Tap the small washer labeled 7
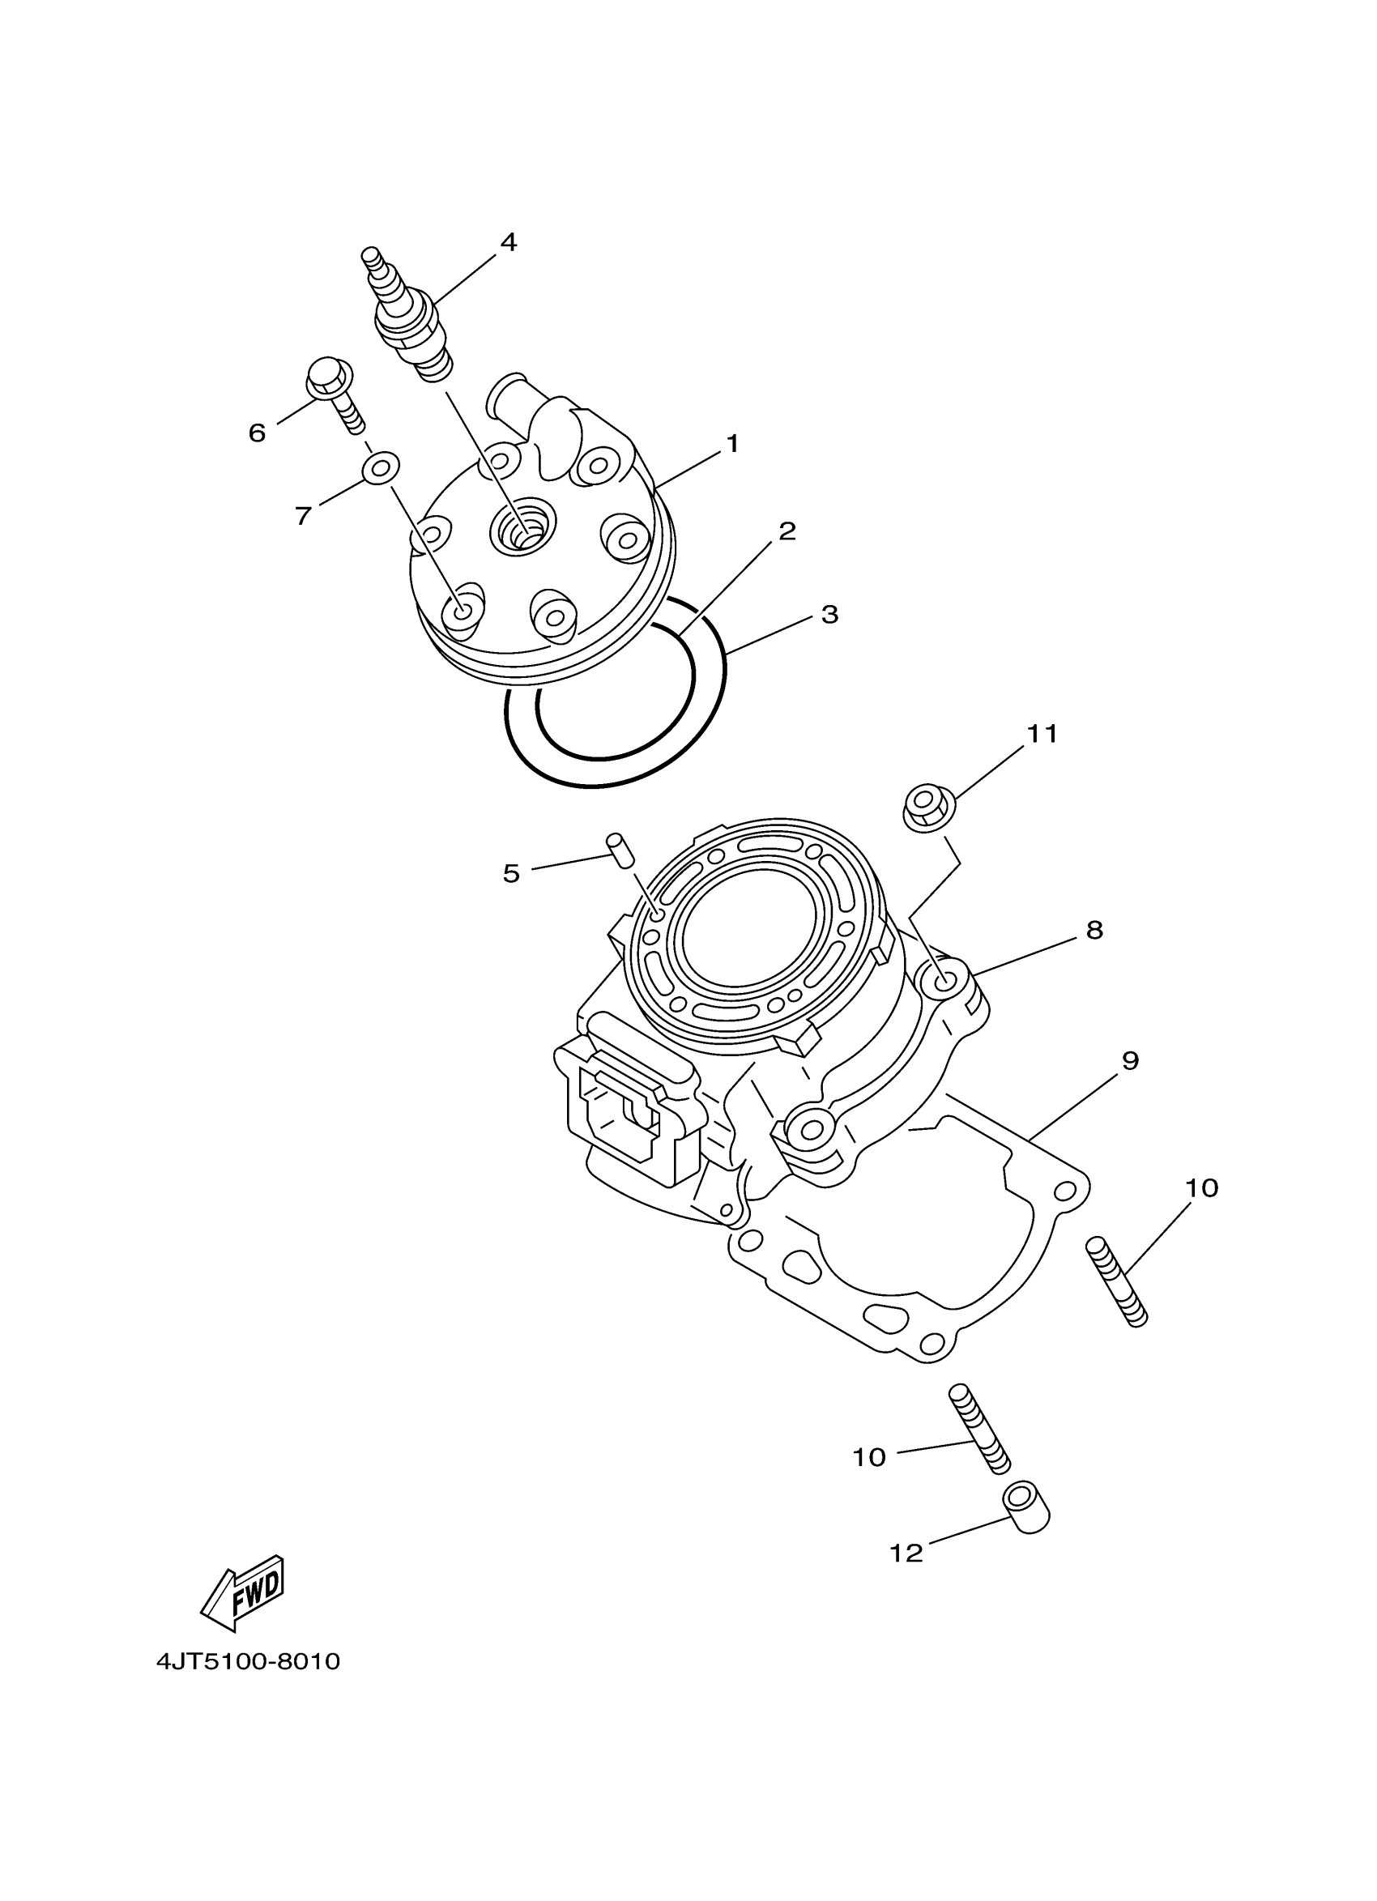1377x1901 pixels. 380,467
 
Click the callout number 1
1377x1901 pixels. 732,443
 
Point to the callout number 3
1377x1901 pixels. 829,615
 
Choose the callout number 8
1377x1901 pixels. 1093,930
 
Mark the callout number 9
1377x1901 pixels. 1130,1061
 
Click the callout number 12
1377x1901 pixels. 906,1554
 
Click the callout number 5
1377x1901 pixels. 511,874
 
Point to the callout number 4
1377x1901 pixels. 508,242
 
